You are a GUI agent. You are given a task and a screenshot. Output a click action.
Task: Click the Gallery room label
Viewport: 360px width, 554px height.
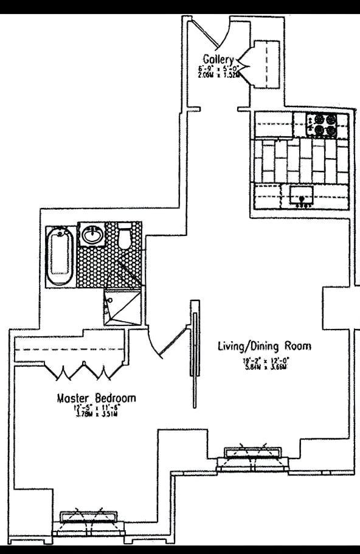(x=218, y=58)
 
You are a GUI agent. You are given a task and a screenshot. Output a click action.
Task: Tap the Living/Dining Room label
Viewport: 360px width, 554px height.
(x=265, y=347)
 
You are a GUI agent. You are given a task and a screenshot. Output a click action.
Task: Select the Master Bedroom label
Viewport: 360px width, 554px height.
(x=96, y=398)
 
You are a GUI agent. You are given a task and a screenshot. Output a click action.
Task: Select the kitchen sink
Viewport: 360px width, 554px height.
(x=300, y=197)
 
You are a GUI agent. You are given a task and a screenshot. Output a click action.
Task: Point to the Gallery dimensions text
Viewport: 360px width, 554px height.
(x=218, y=71)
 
